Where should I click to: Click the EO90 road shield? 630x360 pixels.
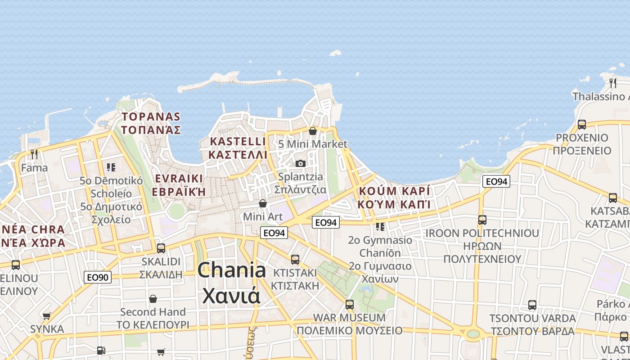pyautogui.click(x=97, y=277)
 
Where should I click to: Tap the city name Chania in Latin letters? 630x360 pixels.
pyautogui.click(x=232, y=270)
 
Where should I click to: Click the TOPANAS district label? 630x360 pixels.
pyautogui.click(x=151, y=117)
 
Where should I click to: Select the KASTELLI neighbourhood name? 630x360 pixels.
pyautogui.click(x=238, y=141)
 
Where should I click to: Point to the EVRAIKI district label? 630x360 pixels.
pyautogui.click(x=179, y=178)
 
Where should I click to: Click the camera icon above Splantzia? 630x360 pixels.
pyautogui.click(x=301, y=163)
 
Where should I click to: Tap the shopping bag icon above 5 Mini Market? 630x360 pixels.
pyautogui.click(x=313, y=131)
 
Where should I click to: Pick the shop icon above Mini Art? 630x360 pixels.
pyautogui.click(x=263, y=204)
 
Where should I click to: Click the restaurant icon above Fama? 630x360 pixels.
pyautogui.click(x=34, y=154)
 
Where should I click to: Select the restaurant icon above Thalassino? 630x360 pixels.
pyautogui.click(x=612, y=83)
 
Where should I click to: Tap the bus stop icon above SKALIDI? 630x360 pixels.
pyautogui.click(x=161, y=248)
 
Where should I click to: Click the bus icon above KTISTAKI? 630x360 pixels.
pyautogui.click(x=295, y=259)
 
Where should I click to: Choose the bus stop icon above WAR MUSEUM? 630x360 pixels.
pyautogui.click(x=350, y=304)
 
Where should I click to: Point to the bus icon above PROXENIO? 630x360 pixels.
pyautogui.click(x=581, y=125)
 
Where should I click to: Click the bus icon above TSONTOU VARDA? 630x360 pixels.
pyautogui.click(x=532, y=305)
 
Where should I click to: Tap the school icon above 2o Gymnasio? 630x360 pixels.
pyautogui.click(x=380, y=227)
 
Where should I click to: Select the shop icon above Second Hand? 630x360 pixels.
pyautogui.click(x=153, y=299)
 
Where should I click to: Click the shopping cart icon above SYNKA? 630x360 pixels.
pyautogui.click(x=47, y=316)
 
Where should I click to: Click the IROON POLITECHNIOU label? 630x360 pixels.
pyautogui.click(x=482, y=233)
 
